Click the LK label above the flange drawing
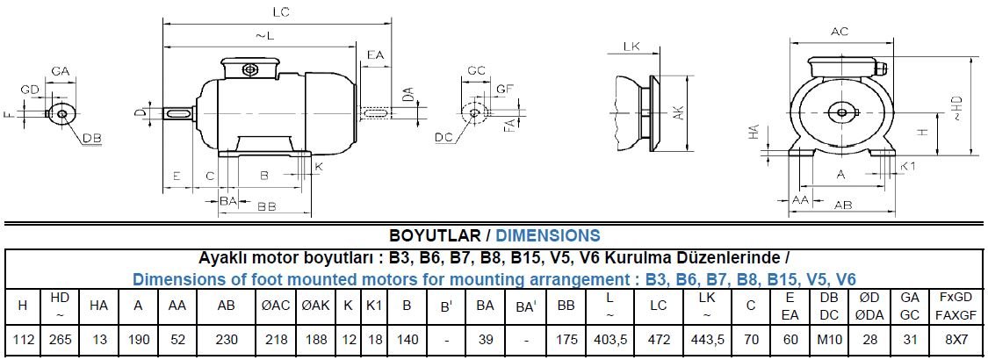tap(631, 47)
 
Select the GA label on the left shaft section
tap(60, 70)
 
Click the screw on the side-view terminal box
tap(250, 68)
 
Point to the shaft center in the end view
tap(840, 112)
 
